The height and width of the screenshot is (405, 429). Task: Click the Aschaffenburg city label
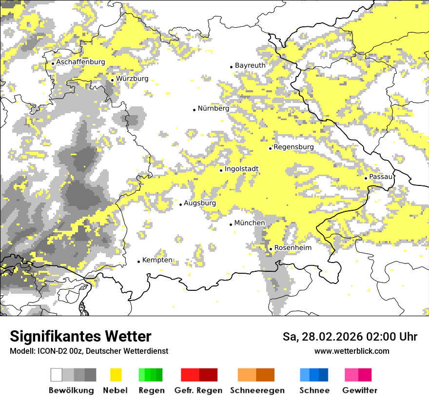coord(80,62)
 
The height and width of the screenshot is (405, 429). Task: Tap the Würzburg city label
coord(132,79)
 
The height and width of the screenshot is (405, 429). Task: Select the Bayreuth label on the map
coord(250,65)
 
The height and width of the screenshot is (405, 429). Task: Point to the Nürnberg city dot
coord(194,110)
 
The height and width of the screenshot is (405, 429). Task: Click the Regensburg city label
coord(293,147)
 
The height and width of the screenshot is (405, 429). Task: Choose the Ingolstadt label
coord(241,169)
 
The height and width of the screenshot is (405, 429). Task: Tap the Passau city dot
coord(366,178)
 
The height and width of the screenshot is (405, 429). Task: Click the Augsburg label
coord(200,203)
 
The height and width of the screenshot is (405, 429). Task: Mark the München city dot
coord(231,224)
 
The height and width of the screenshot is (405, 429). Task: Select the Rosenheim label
coord(292,248)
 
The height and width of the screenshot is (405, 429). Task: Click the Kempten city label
coord(157,260)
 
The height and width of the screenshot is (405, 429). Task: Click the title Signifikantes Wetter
coord(80,337)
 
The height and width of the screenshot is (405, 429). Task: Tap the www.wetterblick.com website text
coord(351,351)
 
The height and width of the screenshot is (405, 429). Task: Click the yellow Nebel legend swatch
coord(116,375)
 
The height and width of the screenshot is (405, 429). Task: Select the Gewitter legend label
coord(359,390)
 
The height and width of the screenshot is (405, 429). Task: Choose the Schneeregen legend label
coord(257,390)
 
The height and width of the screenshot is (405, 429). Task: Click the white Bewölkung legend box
coord(57,375)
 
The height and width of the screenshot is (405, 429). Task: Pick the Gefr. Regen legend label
coord(198,390)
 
